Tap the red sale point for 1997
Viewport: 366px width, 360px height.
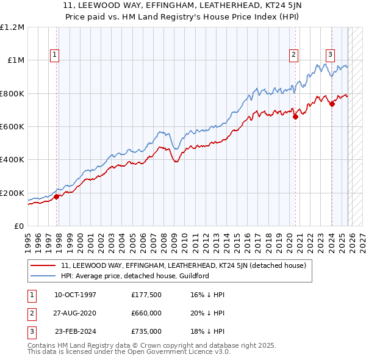(x=57, y=196)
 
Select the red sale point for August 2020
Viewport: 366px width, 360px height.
(x=295, y=117)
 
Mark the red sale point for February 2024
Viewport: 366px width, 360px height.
(x=332, y=104)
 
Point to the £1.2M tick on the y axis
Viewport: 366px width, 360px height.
(x=12, y=27)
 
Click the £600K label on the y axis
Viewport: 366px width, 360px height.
(x=12, y=127)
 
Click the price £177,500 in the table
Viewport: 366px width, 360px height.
(x=146, y=295)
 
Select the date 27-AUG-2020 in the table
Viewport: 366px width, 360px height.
(x=75, y=313)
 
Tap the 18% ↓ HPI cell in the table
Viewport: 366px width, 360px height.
(x=207, y=331)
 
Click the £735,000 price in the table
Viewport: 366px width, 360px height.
(x=146, y=331)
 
